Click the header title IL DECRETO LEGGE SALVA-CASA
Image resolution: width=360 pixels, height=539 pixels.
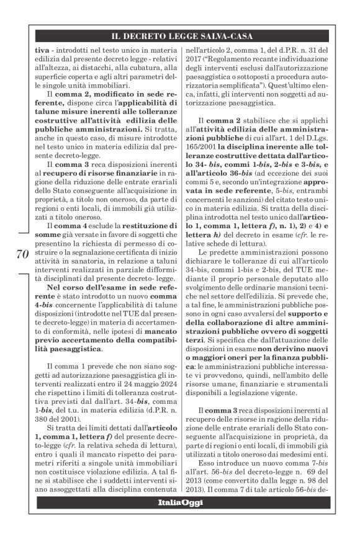(180, 37)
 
